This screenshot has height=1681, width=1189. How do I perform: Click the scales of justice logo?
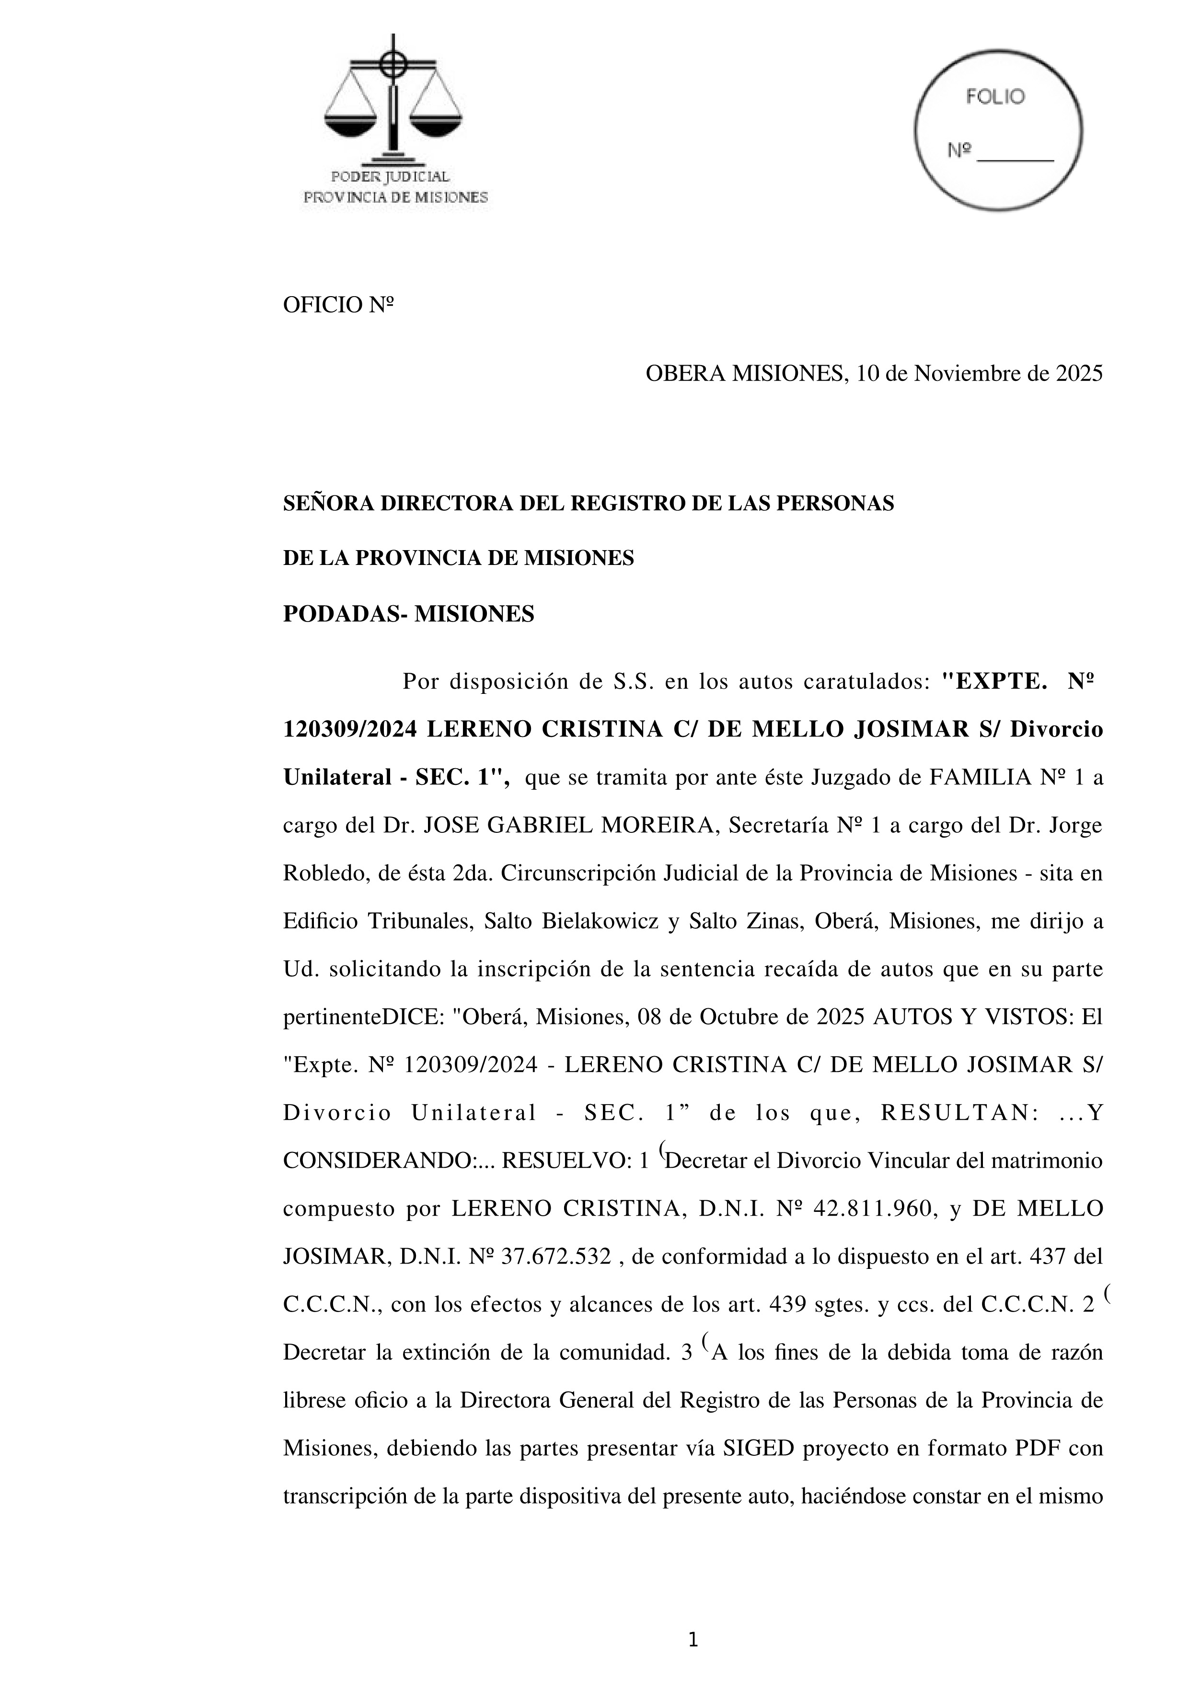tap(393, 99)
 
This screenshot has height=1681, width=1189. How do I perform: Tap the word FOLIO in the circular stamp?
tap(995, 97)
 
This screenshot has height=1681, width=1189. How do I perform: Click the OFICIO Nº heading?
tap(338, 305)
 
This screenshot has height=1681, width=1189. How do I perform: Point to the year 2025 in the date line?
tap(1078, 374)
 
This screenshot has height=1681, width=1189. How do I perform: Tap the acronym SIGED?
tap(758, 1448)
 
